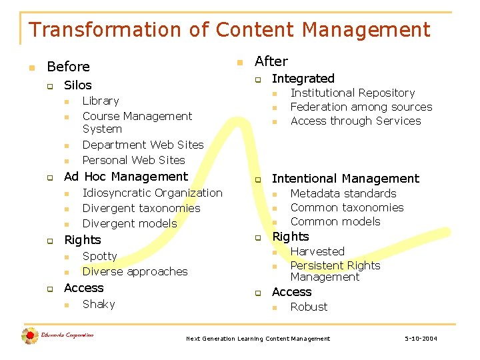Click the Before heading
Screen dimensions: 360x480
point(68,67)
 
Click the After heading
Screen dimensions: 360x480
point(271,61)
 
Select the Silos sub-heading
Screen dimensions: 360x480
point(77,85)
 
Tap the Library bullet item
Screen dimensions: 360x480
point(100,101)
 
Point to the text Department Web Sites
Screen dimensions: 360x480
point(143,145)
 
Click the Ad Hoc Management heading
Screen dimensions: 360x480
point(126,177)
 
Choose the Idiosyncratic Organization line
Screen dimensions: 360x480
point(152,193)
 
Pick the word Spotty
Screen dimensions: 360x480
point(99,256)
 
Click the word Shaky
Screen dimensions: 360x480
point(99,304)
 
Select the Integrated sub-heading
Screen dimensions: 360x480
point(303,79)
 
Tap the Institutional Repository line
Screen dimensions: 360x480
point(353,93)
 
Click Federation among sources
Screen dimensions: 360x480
point(361,107)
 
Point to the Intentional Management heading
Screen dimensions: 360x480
point(345,179)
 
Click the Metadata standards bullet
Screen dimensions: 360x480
point(343,193)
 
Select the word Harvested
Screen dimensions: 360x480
point(317,251)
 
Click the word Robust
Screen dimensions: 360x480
point(309,307)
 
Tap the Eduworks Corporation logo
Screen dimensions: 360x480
point(57,335)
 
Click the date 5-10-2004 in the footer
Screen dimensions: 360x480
point(421,339)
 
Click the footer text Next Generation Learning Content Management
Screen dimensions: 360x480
point(257,339)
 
